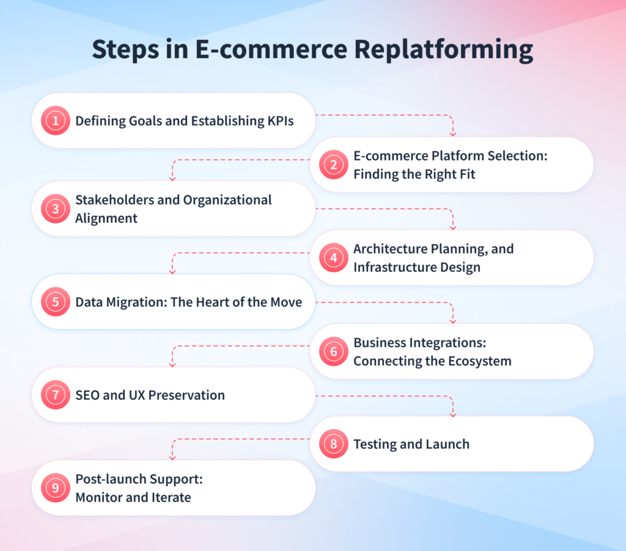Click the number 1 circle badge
point(56,121)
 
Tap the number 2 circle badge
point(334,165)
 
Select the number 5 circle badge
point(56,302)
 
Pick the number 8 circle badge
point(334,444)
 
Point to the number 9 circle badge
point(56,488)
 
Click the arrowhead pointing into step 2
point(453,132)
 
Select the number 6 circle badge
point(334,351)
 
